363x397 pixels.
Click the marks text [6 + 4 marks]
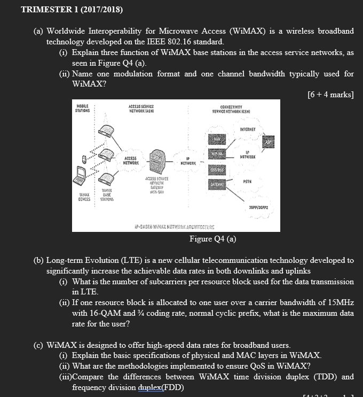[x=330, y=95]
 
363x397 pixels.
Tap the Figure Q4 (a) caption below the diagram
[x=212, y=238]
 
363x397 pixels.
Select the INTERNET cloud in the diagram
[x=247, y=128]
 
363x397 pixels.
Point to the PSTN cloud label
[x=247, y=181]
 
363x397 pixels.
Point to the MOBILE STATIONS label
[x=83, y=109]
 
